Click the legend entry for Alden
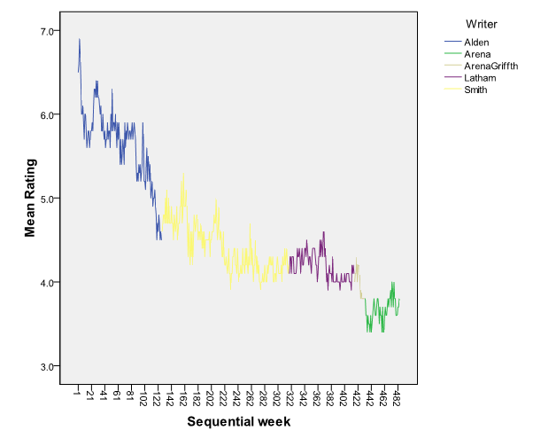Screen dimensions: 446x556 [475, 42]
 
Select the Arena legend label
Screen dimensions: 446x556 [476, 54]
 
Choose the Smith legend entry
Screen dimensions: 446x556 [475, 90]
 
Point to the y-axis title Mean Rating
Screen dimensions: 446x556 [31, 198]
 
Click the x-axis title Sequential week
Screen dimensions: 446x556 [238, 422]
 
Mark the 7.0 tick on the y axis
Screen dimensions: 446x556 [45, 31]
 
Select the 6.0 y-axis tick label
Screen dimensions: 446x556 [45, 115]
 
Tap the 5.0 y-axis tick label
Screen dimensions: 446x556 [45, 199]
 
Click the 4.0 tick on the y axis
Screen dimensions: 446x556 [45, 283]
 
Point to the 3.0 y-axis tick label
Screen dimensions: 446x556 [45, 366]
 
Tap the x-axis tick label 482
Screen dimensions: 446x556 [397, 396]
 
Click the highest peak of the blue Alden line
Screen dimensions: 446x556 [79, 39]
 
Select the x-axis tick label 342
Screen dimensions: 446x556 [303, 396]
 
